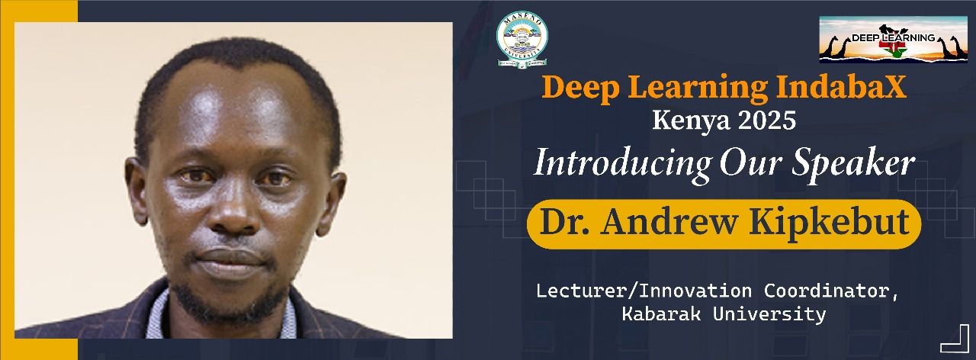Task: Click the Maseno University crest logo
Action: point(522,40)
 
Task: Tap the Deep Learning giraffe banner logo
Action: point(893,40)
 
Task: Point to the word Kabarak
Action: point(661,313)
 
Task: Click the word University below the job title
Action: point(769,314)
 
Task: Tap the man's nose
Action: point(234,214)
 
